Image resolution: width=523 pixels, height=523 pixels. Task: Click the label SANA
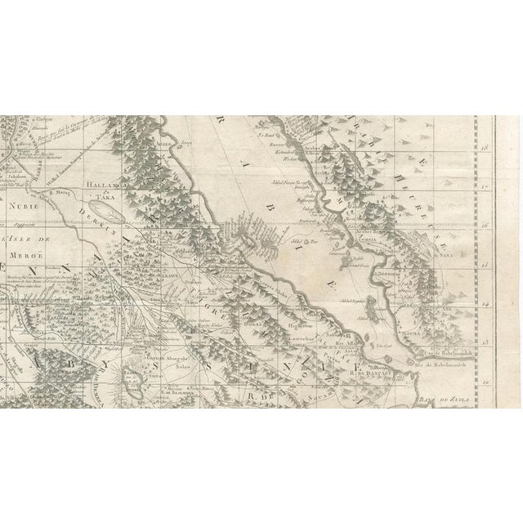(472, 253)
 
